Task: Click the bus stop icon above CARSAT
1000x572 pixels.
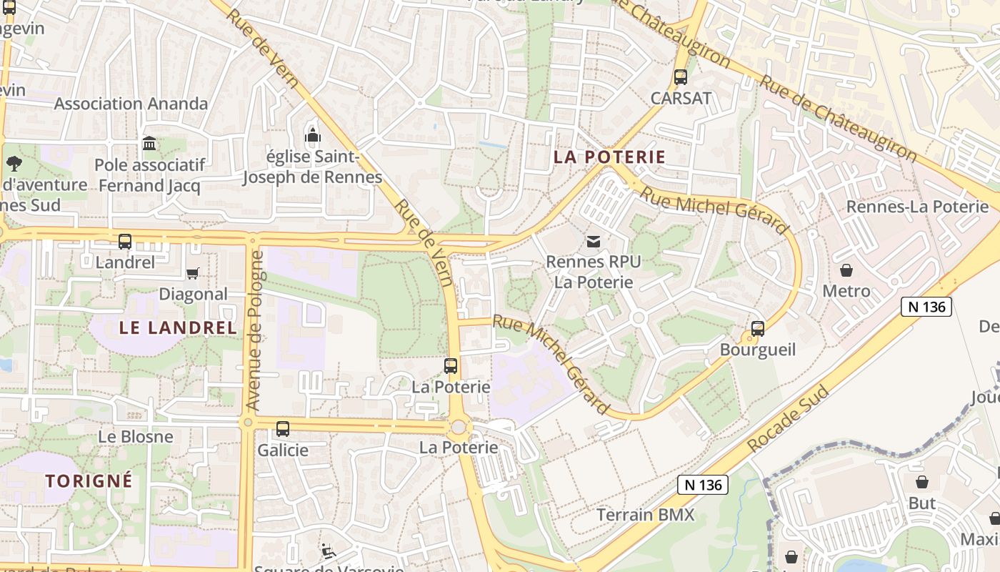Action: (x=681, y=77)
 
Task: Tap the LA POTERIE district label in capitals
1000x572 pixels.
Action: (x=609, y=157)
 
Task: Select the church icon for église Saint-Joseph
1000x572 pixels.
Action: (x=312, y=135)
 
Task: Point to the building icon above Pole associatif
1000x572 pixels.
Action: (x=149, y=144)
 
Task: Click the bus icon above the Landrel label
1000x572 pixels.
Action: (x=125, y=242)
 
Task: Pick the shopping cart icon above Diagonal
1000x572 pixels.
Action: (x=192, y=273)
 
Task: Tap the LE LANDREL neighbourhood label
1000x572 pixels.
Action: (x=177, y=328)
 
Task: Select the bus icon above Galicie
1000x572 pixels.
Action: (x=283, y=429)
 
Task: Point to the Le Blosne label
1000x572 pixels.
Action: (x=136, y=436)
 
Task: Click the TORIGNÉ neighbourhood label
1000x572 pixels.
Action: (x=89, y=480)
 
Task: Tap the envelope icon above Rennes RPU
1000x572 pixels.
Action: (x=593, y=242)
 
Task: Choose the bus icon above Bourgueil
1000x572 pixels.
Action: (x=758, y=329)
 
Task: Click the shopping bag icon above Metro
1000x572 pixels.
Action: (x=846, y=270)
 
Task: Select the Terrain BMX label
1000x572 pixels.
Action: (x=646, y=515)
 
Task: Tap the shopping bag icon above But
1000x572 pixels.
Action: (x=922, y=482)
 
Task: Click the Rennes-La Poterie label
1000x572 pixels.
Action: (x=917, y=207)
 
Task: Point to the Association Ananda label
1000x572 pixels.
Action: (x=131, y=104)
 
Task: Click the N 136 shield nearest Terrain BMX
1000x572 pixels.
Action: (x=703, y=485)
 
